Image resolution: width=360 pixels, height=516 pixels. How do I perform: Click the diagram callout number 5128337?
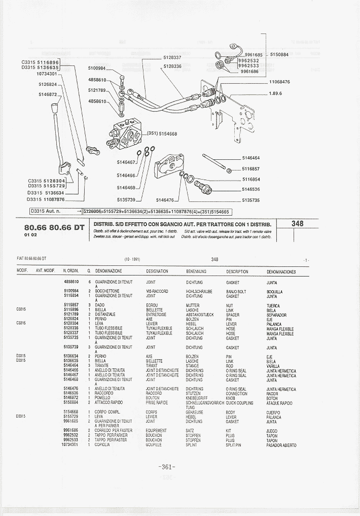pos(172,57)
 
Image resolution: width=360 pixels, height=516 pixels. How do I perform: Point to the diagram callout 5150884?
pos(279,54)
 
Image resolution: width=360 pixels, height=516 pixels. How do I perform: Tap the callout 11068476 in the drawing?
pos(279,81)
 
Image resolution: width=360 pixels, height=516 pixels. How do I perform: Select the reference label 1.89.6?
pos(275,93)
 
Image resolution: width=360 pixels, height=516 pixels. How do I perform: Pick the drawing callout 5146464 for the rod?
pos(250,158)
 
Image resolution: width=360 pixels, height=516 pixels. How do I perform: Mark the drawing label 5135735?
pos(250,200)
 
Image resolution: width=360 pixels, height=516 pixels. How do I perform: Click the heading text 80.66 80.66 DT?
pos(54,227)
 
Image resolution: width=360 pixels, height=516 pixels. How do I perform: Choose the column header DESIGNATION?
pos(157,271)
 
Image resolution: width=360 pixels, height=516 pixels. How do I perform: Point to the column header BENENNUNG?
pos(196,271)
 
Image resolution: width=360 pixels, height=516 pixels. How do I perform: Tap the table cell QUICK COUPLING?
pos(239,403)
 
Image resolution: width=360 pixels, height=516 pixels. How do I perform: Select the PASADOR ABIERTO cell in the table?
pos(281,445)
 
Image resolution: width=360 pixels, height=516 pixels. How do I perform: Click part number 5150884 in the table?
pos(70,403)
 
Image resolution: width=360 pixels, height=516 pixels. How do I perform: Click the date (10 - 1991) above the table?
pos(132,259)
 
